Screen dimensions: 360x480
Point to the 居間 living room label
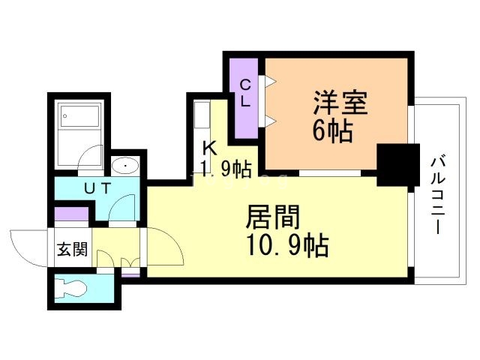click(x=274, y=217)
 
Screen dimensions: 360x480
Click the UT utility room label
click(x=94, y=189)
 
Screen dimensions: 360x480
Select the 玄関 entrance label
click(x=72, y=248)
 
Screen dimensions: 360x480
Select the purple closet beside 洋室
click(x=244, y=97)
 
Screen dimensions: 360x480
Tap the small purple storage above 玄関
click(x=72, y=215)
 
